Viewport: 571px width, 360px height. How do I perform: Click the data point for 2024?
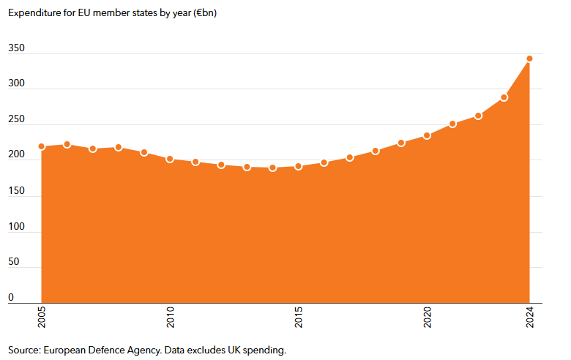point(529,59)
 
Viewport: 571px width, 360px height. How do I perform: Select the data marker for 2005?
point(42,146)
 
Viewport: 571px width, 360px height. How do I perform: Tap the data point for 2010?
point(170,159)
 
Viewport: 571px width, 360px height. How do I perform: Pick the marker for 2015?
point(298,166)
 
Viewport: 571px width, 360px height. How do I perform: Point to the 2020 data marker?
point(427,135)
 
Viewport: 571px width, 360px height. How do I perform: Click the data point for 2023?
point(504,97)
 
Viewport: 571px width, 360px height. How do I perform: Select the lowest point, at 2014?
point(272,168)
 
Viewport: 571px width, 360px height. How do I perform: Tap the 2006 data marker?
point(67,144)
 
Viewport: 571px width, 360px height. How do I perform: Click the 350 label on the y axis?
point(16,48)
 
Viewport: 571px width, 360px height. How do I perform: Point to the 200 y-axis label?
point(16,155)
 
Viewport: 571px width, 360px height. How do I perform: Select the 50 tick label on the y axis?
point(13,262)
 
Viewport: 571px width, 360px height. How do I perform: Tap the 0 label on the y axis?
point(11,297)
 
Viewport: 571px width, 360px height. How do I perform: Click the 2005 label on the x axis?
point(42,319)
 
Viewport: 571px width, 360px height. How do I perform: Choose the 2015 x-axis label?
point(298,319)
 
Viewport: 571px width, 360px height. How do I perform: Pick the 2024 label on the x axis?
point(529,319)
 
